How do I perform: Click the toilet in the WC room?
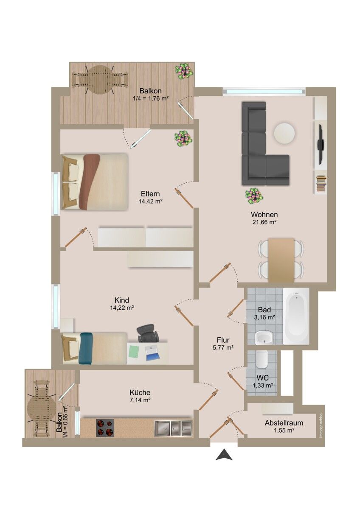(262, 359)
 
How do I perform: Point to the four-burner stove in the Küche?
(105, 427)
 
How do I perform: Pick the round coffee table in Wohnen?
(284, 133)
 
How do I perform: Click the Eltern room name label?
(150, 194)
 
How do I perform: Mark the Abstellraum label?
(284, 423)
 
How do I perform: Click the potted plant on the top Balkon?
(184, 71)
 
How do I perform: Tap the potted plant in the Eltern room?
(183, 138)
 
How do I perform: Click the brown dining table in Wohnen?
(281, 260)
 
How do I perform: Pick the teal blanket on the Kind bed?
(85, 348)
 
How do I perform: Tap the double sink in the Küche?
(173, 427)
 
